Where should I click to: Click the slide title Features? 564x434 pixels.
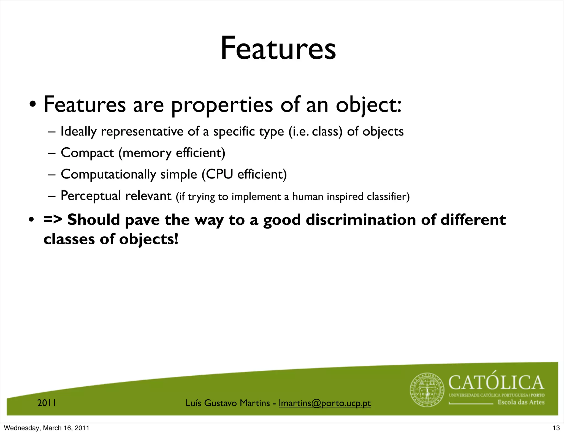click(x=278, y=48)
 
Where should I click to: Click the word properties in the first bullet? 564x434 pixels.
click(x=222, y=105)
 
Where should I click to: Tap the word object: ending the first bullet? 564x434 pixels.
click(x=368, y=105)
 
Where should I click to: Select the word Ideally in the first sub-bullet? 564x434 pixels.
click(x=78, y=132)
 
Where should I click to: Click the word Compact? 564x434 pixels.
click(x=87, y=153)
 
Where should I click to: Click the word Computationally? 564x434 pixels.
click(x=108, y=174)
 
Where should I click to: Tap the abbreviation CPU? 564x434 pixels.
click(x=219, y=174)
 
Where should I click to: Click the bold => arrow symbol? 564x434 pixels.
click(x=53, y=220)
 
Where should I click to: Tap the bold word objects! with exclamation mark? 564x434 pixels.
click(x=149, y=239)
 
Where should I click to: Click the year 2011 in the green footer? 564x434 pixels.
click(x=47, y=403)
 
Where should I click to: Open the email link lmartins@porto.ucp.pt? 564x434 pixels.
click(x=325, y=403)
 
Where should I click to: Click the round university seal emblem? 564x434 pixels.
click(x=427, y=390)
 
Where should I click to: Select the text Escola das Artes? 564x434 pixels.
click(x=521, y=402)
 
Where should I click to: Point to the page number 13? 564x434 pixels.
click(x=556, y=428)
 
